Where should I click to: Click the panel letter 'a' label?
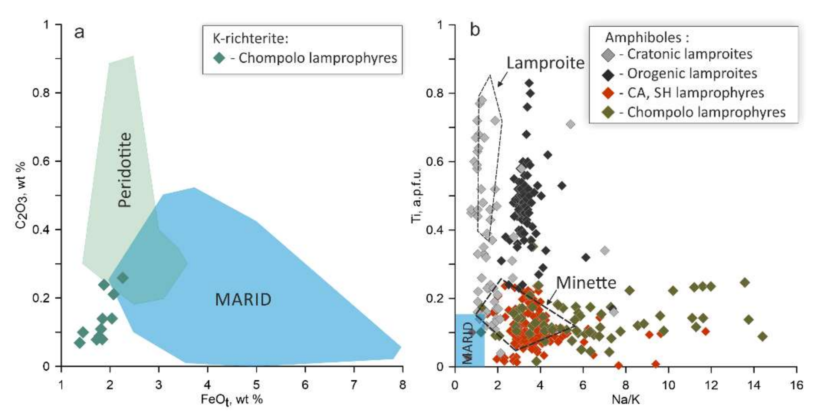coord(79,32)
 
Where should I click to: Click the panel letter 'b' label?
coord(475,31)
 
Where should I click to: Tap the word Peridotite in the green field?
coord(124,170)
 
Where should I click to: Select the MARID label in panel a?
coord(243,300)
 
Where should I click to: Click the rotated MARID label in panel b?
coord(468,343)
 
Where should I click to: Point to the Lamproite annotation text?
coord(545,63)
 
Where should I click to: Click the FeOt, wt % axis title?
coord(232,400)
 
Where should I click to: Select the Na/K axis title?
coord(625,400)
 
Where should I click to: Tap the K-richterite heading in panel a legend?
coord(251,39)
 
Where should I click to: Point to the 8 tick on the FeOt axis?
coord(403,385)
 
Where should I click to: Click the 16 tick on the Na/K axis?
coord(797,385)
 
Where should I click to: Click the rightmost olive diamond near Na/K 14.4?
coord(763,337)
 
